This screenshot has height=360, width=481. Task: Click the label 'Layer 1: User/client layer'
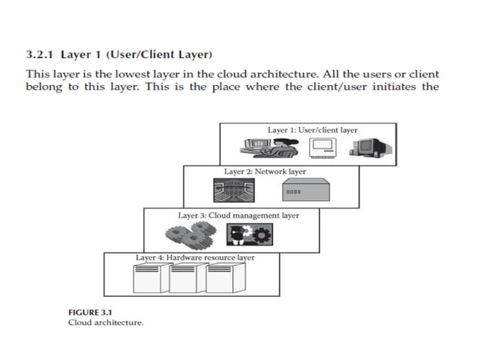(x=312, y=130)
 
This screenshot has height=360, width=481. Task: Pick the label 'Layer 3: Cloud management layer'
(x=238, y=215)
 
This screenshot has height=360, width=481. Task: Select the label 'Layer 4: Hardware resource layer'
(x=195, y=258)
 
